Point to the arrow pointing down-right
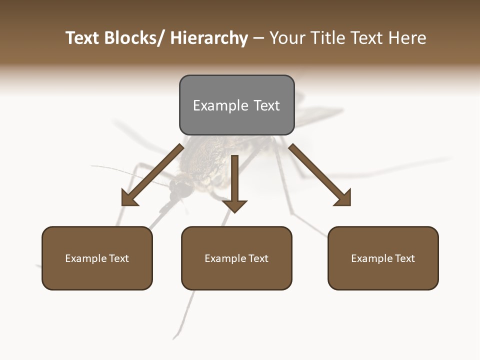pos(320,175)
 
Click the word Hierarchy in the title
pos(209,38)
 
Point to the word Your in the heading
pos(286,38)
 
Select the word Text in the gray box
pos(266,105)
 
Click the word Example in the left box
pos(86,258)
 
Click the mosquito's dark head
pos(181,188)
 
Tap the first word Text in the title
pos(83,38)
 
